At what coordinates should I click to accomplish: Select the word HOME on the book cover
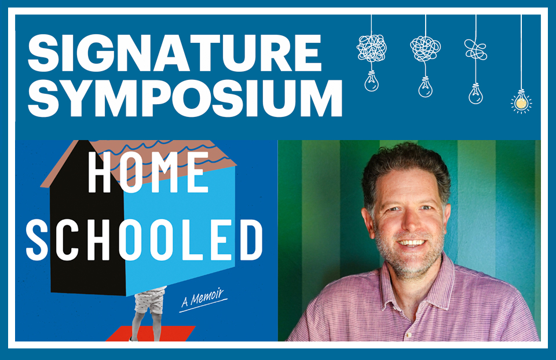[148, 172]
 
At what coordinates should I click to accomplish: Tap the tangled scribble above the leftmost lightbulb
[371, 48]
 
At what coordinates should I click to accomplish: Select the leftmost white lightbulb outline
[371, 81]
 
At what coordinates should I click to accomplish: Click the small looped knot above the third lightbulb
[475, 49]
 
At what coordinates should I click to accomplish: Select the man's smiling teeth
[412, 243]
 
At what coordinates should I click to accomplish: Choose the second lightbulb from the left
[426, 86]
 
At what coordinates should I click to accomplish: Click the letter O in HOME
[131, 172]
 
